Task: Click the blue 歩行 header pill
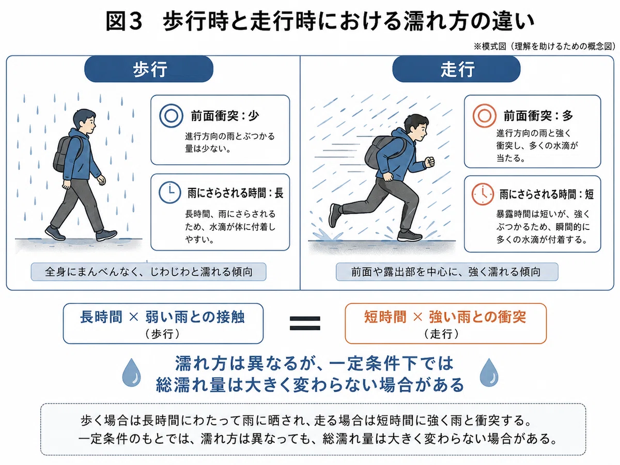pos(149,69)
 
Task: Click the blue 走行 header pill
pos(456,69)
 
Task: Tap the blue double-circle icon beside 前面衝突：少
pos(171,116)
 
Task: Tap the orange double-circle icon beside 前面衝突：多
pos(485,116)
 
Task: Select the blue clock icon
pos(169,193)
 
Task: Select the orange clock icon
pos(483,194)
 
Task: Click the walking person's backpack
pos(66,154)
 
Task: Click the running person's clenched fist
pos(430,162)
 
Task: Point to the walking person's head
pos(84,122)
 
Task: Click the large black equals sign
pos(305,323)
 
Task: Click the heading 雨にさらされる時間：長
pos(235,193)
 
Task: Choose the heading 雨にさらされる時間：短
pos(546,194)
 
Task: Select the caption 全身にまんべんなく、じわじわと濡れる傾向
pos(149,272)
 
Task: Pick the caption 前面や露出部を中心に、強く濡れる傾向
pos(446,272)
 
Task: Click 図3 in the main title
pos(123,22)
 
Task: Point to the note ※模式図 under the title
pos(490,47)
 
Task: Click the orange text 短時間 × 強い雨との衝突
pos(445,317)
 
